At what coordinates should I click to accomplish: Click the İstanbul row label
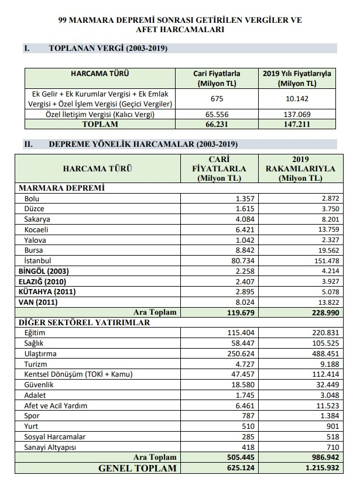pyautogui.click(x=37, y=260)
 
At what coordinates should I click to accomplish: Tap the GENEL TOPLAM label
pyautogui.click(x=137, y=468)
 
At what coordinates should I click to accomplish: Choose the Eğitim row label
pyautogui.click(x=35, y=332)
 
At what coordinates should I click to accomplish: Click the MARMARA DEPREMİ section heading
pyautogui.click(x=61, y=188)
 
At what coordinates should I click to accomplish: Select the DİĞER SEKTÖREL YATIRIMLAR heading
pyautogui.click(x=84, y=322)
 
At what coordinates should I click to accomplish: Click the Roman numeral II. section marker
pyautogui.click(x=27, y=144)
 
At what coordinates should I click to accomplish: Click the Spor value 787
pyautogui.click(x=247, y=415)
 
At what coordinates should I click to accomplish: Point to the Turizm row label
pyautogui.click(x=36, y=363)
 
